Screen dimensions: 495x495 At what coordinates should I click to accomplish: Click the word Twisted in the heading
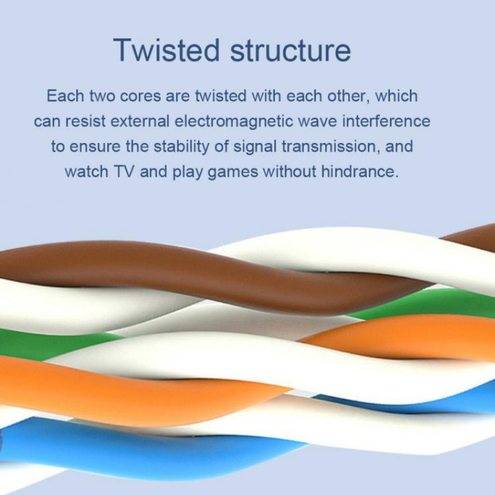[x=166, y=50]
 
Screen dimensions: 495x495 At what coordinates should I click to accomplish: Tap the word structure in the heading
[x=290, y=51]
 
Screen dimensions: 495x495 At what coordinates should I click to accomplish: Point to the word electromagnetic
[x=234, y=122]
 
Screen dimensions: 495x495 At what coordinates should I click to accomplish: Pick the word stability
[x=181, y=147]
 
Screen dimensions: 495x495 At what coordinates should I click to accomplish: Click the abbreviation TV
[x=124, y=172]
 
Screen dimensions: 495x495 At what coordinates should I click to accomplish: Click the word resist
[x=85, y=121]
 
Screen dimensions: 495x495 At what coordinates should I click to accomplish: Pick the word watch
[x=87, y=172]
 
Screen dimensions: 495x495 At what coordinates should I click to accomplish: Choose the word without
[x=290, y=172]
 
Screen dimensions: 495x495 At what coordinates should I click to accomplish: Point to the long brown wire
[x=221, y=275]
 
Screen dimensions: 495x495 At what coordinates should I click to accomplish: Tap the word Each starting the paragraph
[x=65, y=96]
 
